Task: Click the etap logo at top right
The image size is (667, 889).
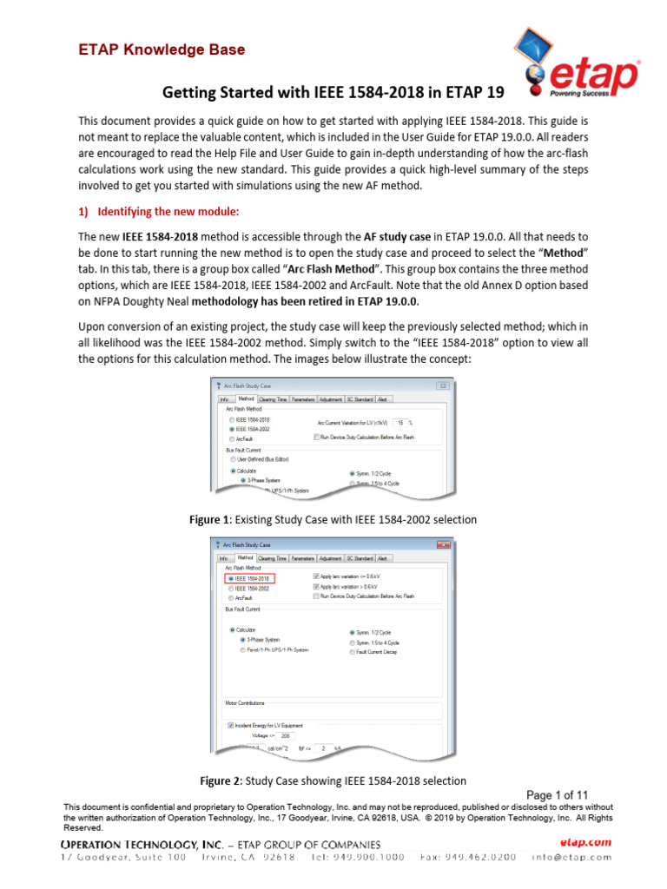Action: (x=574, y=66)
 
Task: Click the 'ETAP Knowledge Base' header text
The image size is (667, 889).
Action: (x=158, y=49)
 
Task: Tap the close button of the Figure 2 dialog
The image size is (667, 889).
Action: (x=443, y=544)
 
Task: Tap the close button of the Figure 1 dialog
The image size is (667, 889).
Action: (x=443, y=385)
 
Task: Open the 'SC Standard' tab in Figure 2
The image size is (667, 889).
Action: (x=360, y=558)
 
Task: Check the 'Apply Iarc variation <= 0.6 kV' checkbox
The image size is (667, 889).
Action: (x=315, y=576)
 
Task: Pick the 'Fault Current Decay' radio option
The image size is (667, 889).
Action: (x=352, y=651)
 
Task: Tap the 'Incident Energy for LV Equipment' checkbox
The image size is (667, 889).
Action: (x=230, y=724)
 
